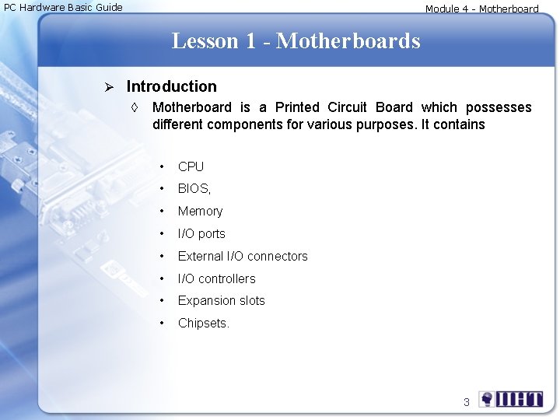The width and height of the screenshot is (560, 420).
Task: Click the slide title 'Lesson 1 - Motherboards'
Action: (x=296, y=40)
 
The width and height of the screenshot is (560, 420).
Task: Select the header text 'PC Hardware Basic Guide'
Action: (x=64, y=8)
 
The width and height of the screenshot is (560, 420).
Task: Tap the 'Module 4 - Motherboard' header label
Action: (x=481, y=9)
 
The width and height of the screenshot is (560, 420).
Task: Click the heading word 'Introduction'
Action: (x=171, y=86)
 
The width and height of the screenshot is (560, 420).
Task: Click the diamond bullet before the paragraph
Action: (x=135, y=107)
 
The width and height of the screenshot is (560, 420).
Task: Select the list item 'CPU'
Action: (x=191, y=166)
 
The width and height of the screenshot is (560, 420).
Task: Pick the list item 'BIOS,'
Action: (x=194, y=188)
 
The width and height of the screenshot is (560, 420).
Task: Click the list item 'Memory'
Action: (x=200, y=211)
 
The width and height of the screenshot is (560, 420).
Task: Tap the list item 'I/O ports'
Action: (x=201, y=233)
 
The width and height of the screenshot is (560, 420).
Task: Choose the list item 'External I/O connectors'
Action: (x=243, y=256)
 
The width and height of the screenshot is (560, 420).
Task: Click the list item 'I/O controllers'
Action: (x=216, y=278)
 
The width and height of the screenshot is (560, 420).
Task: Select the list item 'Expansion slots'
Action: (x=221, y=300)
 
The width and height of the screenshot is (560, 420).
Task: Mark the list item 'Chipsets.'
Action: (x=204, y=323)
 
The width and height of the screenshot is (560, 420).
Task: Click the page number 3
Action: (x=466, y=402)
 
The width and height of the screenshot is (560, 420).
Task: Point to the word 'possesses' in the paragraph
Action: (x=499, y=107)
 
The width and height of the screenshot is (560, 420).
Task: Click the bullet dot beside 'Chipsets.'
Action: (x=161, y=323)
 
